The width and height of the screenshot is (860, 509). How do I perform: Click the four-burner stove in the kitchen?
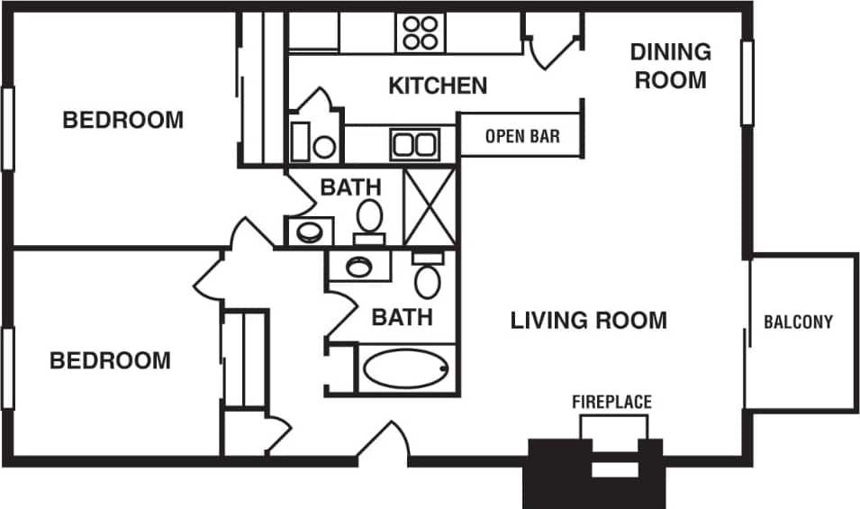tap(419, 33)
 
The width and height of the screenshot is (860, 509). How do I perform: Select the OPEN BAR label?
tap(522, 136)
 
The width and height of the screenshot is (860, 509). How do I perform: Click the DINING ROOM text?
tap(671, 66)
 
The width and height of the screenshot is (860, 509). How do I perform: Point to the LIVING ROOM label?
tap(589, 320)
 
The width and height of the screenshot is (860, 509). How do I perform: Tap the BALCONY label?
tap(798, 322)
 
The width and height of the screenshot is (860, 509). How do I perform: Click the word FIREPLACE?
tap(611, 402)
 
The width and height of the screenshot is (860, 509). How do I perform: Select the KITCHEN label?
tap(438, 86)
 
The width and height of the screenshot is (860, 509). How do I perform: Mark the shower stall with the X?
tap(430, 206)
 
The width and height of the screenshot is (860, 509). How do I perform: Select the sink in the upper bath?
tap(309, 232)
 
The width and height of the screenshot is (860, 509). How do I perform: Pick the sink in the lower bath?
tap(359, 266)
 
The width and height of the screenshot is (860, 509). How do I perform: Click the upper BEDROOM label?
tap(122, 120)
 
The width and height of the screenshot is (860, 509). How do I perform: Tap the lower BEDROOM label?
tap(110, 361)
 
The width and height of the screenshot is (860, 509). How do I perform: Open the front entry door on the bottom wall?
tap(384, 446)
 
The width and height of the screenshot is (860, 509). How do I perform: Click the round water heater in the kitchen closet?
tap(324, 146)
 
